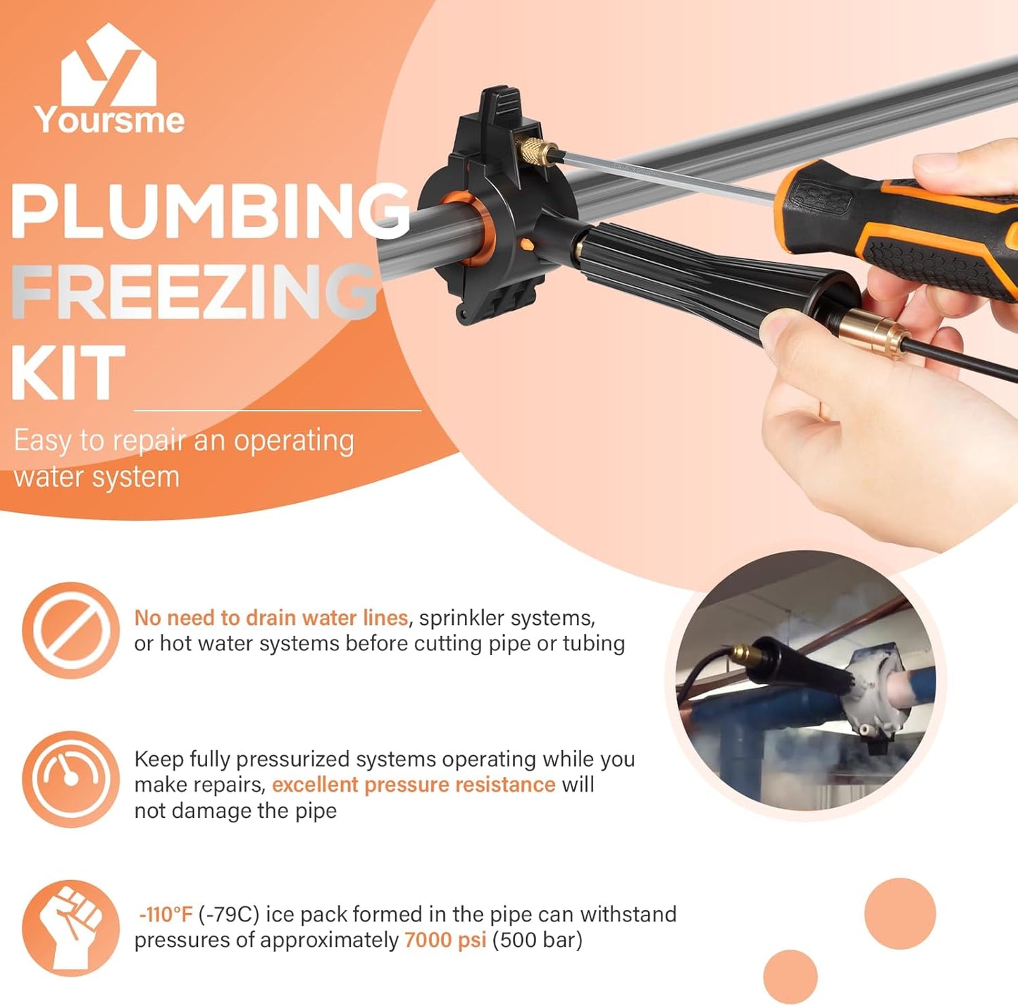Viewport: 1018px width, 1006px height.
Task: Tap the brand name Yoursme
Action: pos(109,120)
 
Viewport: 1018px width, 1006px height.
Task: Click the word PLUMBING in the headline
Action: pos(209,211)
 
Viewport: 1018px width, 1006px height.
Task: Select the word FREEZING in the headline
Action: pos(194,292)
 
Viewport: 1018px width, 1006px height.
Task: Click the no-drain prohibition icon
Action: pos(70,630)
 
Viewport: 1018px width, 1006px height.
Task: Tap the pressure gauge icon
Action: pos(70,778)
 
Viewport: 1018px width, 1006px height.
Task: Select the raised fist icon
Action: pos(70,927)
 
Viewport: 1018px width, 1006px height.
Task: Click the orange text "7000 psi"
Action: pos(445,940)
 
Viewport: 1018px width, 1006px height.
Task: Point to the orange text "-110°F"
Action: pos(166,914)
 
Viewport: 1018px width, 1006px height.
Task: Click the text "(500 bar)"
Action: pos(537,940)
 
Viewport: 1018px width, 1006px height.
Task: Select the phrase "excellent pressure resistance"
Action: pos(414,785)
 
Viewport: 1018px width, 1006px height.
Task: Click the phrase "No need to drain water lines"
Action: pos(271,618)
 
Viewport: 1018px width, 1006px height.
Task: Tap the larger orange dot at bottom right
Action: pos(900,913)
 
